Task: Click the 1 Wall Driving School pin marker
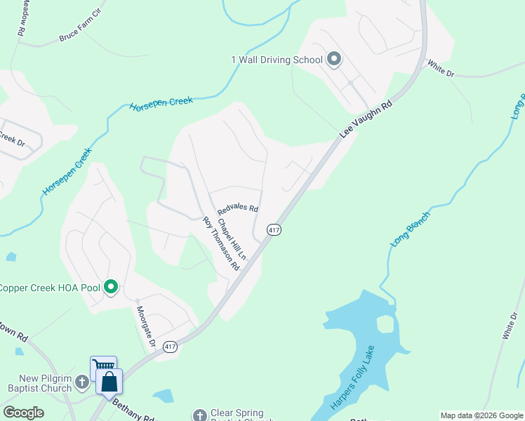click(334, 60)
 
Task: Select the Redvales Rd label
click(238, 209)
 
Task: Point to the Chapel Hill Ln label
click(231, 239)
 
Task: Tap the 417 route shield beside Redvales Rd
click(274, 230)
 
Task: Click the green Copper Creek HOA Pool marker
click(110, 287)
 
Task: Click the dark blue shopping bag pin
click(109, 381)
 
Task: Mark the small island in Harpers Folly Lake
click(385, 324)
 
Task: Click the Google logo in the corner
click(23, 413)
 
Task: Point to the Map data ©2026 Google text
click(481, 415)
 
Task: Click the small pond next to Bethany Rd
click(163, 396)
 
